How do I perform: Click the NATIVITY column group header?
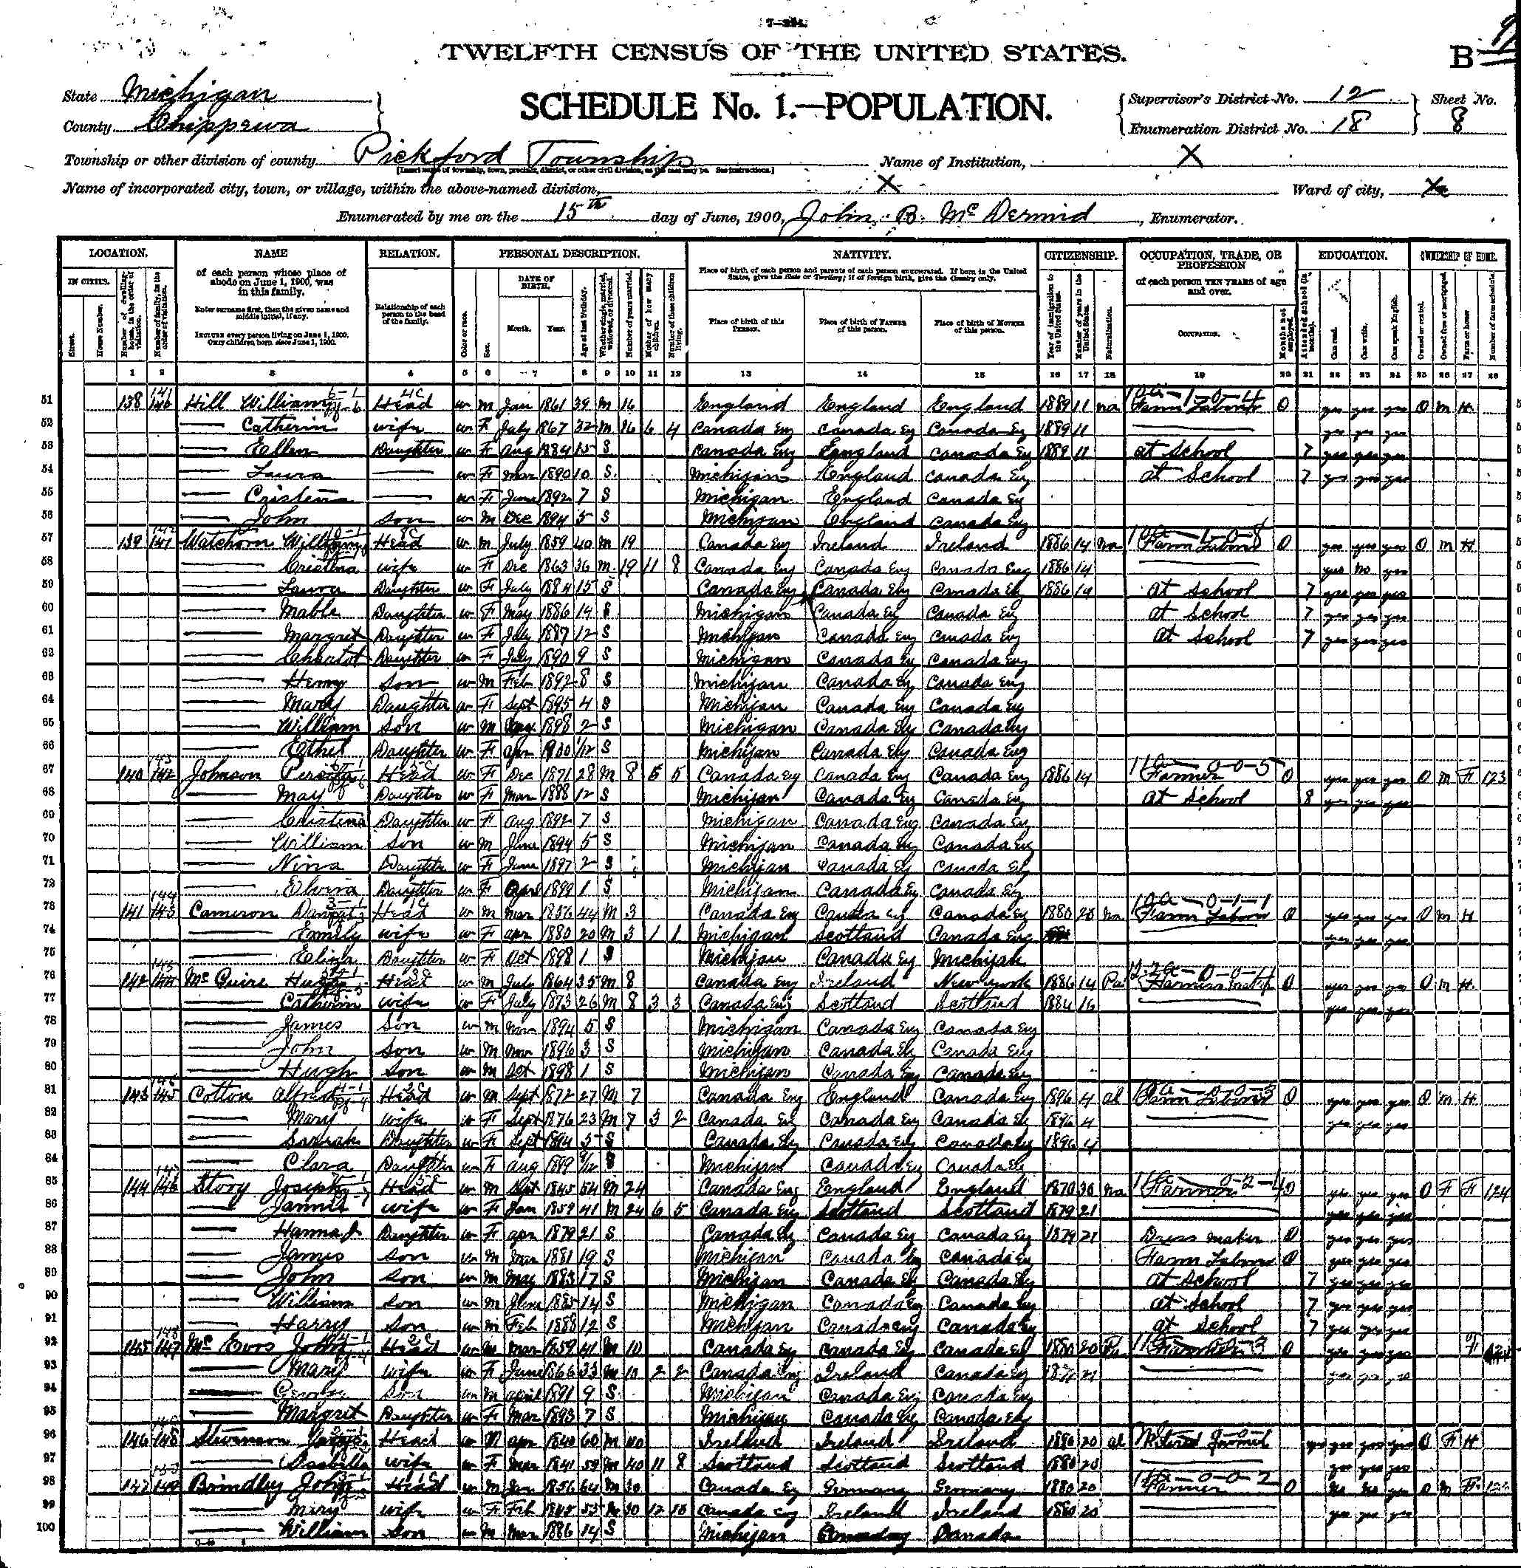click(862, 254)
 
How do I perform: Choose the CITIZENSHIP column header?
click(1081, 254)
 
